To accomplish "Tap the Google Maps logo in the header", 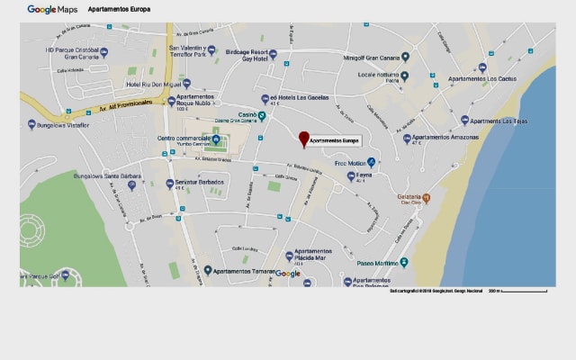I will [x=52, y=9].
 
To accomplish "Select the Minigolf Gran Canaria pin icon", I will [x=406, y=58].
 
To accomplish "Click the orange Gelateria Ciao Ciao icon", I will [x=427, y=197].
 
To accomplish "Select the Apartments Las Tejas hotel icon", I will [x=464, y=121].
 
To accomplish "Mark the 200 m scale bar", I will [x=523, y=291].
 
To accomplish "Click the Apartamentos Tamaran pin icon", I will [x=208, y=270].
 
